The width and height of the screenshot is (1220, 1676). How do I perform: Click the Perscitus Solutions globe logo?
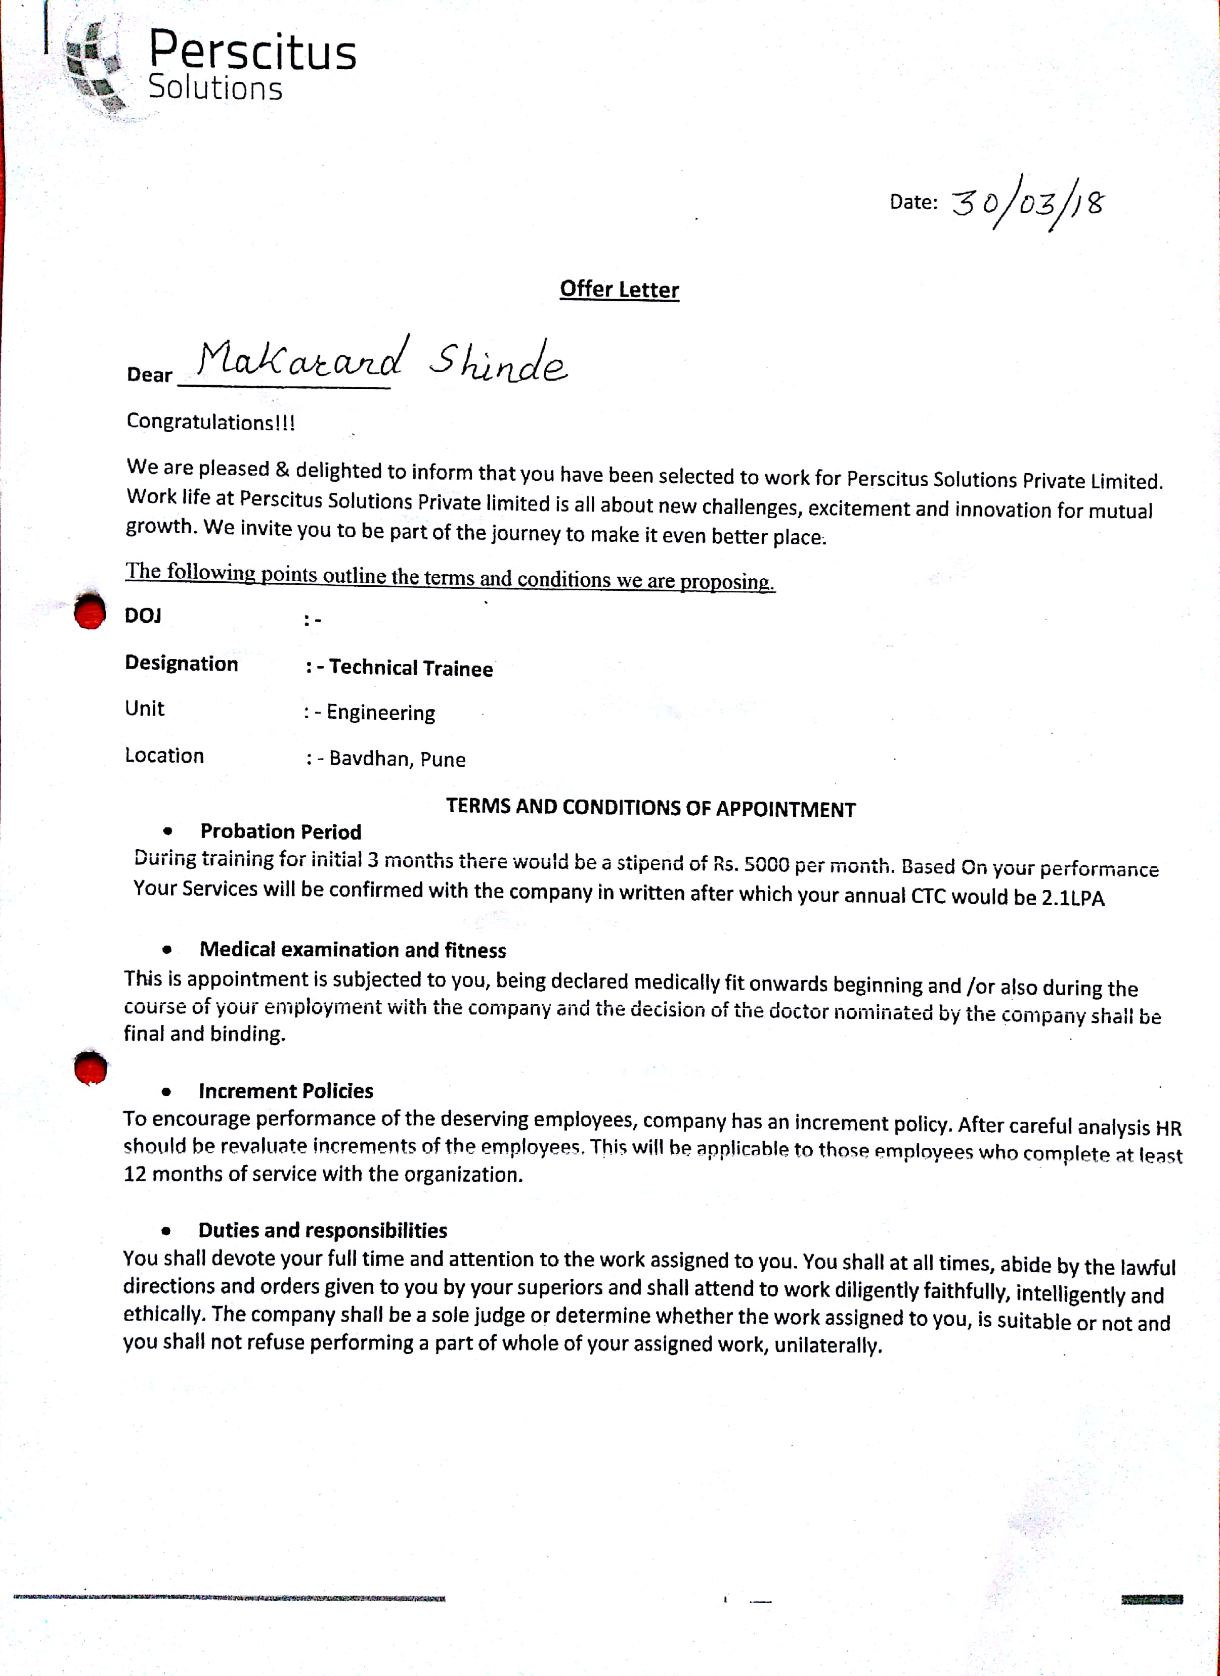coord(94,68)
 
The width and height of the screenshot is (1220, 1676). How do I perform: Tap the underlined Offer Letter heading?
coord(619,289)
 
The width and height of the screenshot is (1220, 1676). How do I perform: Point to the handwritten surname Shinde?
coord(498,362)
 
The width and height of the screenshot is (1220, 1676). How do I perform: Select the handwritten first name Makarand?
coord(301,360)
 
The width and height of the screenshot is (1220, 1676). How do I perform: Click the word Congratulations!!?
coord(211,422)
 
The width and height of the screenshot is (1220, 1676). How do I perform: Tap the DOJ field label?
coord(143,616)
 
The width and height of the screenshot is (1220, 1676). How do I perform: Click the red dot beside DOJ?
coord(90,611)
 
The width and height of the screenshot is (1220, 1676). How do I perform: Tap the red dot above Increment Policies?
coord(90,1068)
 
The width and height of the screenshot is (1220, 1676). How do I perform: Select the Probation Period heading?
coord(280,832)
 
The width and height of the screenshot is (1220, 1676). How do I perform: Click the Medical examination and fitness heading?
coord(353,950)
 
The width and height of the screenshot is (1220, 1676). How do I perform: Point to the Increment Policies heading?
coord(285,1091)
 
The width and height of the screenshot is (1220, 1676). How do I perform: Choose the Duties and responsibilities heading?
coord(322,1230)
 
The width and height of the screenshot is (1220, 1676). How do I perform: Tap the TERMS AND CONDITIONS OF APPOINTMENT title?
coord(650,808)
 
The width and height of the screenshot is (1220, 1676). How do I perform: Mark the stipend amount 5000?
coord(767,864)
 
